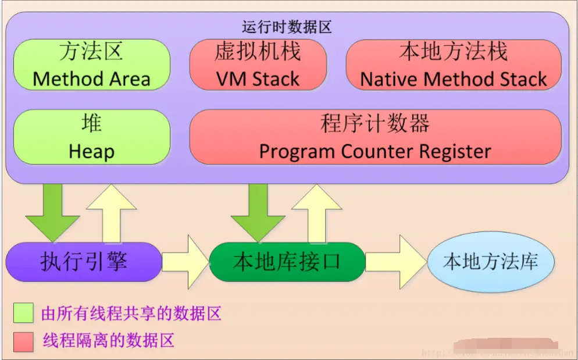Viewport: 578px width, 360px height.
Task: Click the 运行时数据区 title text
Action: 287,27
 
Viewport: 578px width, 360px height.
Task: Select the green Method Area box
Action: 91,65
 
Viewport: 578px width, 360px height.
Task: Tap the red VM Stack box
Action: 258,65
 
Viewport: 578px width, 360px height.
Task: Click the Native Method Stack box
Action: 454,65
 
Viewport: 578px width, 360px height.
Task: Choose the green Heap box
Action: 91,137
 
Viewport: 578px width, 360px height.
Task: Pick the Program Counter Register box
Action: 375,137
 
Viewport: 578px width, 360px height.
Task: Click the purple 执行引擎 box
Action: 84,262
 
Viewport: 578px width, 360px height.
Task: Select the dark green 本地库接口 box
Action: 287,262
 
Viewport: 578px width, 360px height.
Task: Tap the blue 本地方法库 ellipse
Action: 490,262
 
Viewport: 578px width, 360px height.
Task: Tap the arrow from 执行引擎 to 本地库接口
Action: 185,262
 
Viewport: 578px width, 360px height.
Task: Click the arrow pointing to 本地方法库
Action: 395,262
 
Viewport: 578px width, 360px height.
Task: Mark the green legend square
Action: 24,313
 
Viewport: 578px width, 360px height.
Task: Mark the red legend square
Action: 24,341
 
